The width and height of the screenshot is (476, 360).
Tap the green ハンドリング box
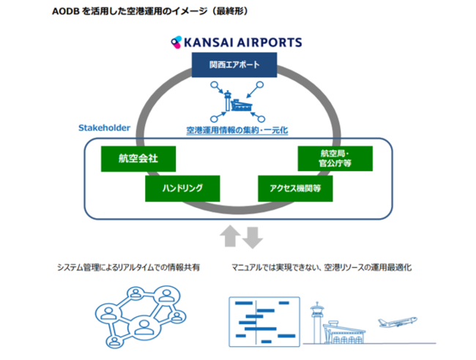click(x=182, y=188)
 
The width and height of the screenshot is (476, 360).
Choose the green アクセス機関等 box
click(x=295, y=188)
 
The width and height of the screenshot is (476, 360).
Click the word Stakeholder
click(x=104, y=127)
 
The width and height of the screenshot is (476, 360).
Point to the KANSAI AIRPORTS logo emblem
click(x=176, y=41)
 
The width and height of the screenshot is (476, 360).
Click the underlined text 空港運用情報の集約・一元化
click(x=236, y=130)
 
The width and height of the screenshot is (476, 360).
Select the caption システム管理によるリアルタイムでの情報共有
click(x=128, y=268)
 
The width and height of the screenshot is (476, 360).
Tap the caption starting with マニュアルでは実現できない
click(x=321, y=268)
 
